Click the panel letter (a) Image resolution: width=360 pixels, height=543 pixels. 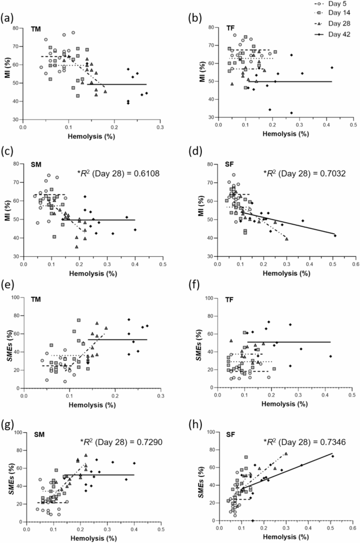point(7,19)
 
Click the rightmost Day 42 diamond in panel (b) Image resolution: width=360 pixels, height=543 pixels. point(332,68)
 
